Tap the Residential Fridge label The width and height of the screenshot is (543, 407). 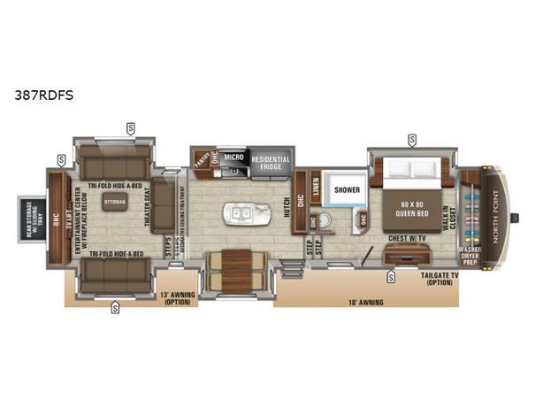click(x=271, y=164)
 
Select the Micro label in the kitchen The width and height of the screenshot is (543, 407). click(x=233, y=157)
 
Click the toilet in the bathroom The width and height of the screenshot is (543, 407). click(x=326, y=220)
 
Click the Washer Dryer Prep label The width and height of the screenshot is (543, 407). click(x=470, y=256)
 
